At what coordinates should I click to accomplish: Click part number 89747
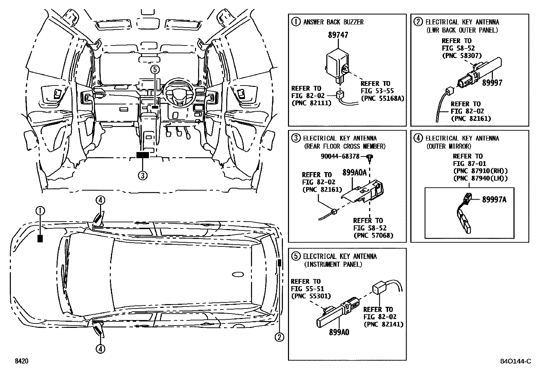pyautogui.click(x=338, y=35)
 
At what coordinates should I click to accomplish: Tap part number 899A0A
pyautogui.click(x=354, y=172)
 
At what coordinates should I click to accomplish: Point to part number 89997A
pyautogui.click(x=494, y=200)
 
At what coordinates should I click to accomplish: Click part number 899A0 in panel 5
pyautogui.click(x=339, y=332)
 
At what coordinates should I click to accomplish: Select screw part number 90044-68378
pyautogui.click(x=340, y=156)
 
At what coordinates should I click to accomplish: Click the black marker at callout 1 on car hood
pyautogui.click(x=40, y=239)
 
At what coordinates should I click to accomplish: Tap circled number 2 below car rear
pyautogui.click(x=279, y=337)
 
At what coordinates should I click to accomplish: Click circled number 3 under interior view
pyautogui.click(x=142, y=175)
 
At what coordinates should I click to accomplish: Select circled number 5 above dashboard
pyautogui.click(x=154, y=70)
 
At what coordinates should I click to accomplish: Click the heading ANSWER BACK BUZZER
pyautogui.click(x=333, y=22)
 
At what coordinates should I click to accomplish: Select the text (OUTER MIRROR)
pyautogui.click(x=449, y=146)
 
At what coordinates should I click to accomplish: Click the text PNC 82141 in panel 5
pyautogui.click(x=383, y=324)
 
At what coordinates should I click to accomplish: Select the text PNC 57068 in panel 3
pyautogui.click(x=373, y=235)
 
